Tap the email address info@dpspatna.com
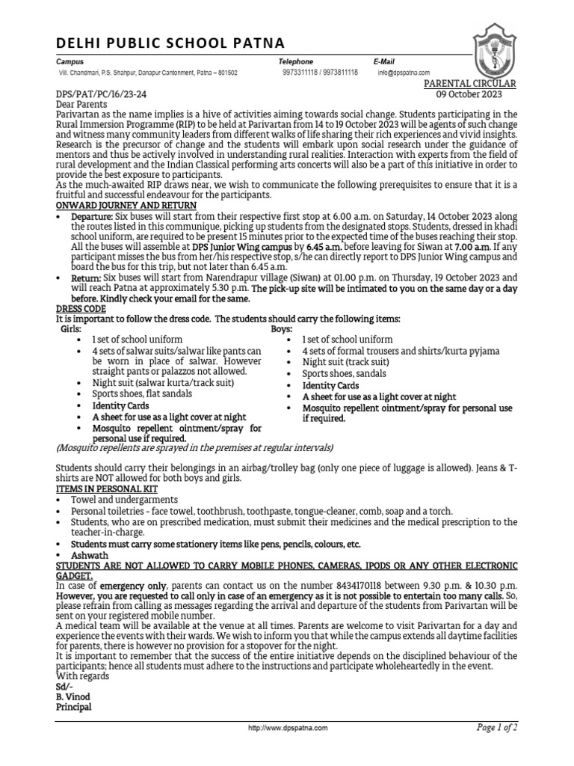404,73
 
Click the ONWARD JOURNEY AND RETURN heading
126,205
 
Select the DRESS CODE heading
81,308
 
